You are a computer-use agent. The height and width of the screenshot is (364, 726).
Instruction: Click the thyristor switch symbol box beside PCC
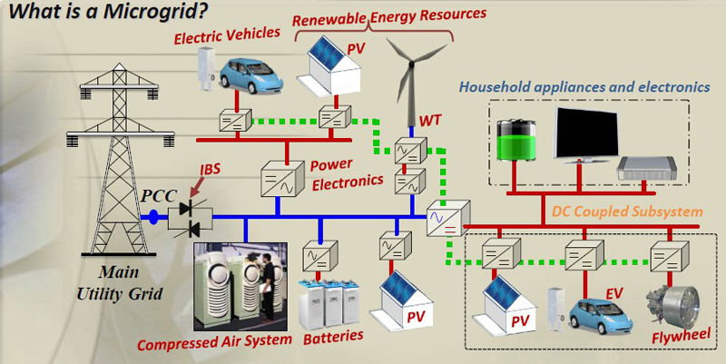[x=191, y=216]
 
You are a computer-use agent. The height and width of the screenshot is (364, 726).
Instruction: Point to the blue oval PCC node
[x=153, y=217]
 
